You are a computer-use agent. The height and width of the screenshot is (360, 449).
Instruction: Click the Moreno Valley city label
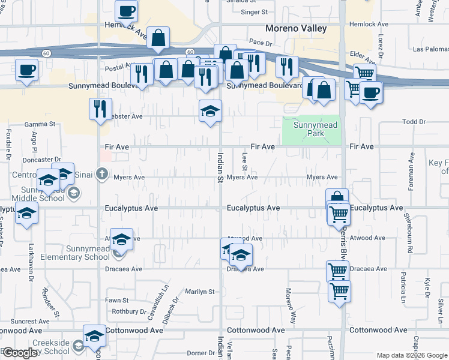[296, 28]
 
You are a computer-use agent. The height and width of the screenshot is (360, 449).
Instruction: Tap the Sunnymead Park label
[315, 129]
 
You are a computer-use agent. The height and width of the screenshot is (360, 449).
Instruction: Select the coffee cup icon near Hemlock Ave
[127, 11]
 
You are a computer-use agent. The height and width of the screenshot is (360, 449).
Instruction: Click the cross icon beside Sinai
[102, 175]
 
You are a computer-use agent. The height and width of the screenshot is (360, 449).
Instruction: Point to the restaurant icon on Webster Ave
[100, 109]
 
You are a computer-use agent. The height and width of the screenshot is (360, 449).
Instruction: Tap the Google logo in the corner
[20, 353]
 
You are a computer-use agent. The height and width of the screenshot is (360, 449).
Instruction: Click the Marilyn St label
[200, 292]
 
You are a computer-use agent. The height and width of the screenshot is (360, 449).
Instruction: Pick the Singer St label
[253, 11]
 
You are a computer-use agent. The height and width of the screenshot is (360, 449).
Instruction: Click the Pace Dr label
[261, 43]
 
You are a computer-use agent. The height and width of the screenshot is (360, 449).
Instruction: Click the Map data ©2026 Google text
[411, 355]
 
